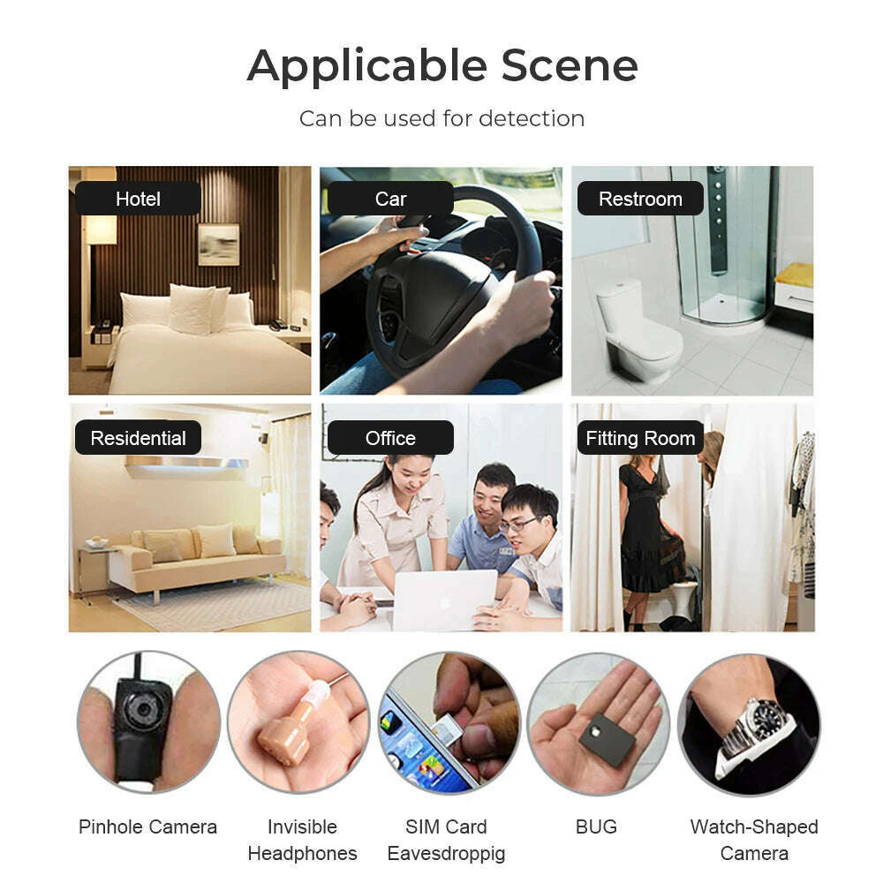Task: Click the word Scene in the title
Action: pyautogui.click(x=570, y=65)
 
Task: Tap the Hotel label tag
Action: pyautogui.click(x=138, y=198)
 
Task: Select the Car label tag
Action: pyautogui.click(x=390, y=198)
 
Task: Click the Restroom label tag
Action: pyautogui.click(x=640, y=198)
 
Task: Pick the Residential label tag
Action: pyautogui.click(x=138, y=438)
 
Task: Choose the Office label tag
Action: pyautogui.click(x=390, y=438)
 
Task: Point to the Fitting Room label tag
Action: pyautogui.click(x=640, y=438)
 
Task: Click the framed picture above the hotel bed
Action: pyautogui.click(x=218, y=244)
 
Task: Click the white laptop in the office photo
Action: pyautogui.click(x=444, y=600)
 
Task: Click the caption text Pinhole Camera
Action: pyautogui.click(x=147, y=826)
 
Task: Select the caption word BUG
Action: pyautogui.click(x=596, y=826)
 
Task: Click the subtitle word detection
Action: pyautogui.click(x=531, y=119)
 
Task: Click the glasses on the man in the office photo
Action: pyautogui.click(x=518, y=525)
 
